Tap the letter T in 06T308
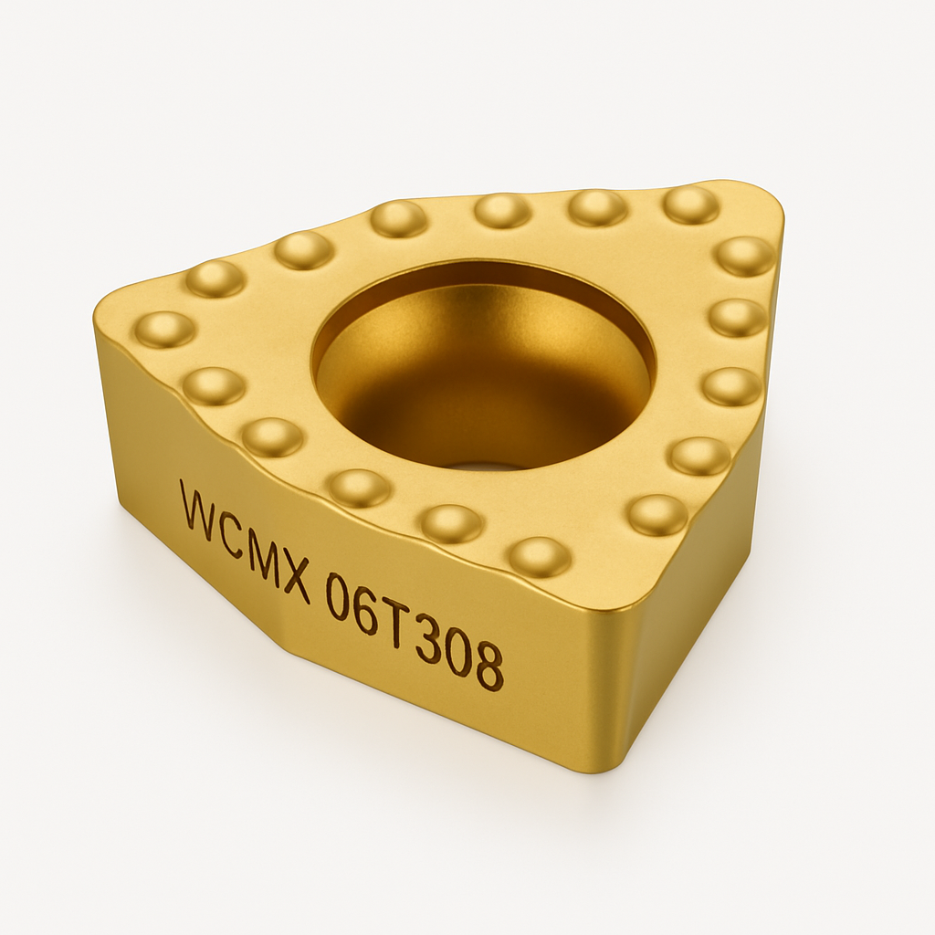(395, 626)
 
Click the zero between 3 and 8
(457, 657)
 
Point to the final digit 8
(489, 670)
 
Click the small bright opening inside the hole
(484, 467)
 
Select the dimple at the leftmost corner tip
(164, 329)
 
